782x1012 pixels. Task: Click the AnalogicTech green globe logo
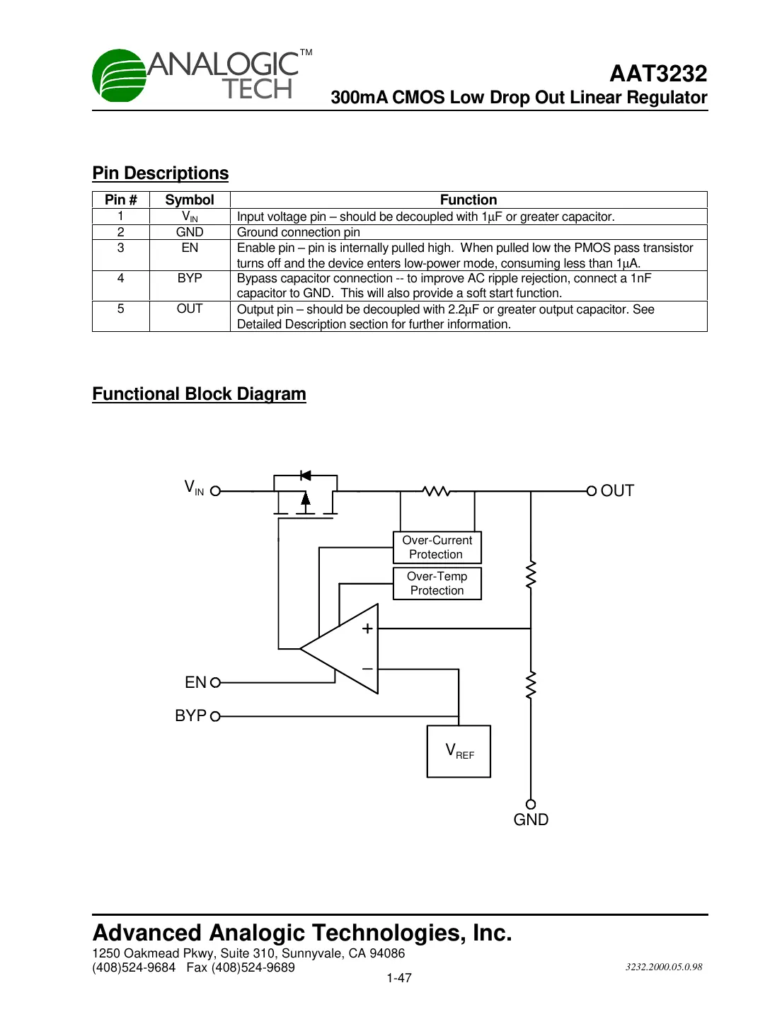pyautogui.click(x=119, y=76)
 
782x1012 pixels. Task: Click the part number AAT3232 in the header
pyautogui.click(x=657, y=74)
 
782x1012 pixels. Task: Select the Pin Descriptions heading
pyautogui.click(x=160, y=173)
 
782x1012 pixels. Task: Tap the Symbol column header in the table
pyautogui.click(x=189, y=200)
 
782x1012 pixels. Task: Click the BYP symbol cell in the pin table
pyautogui.click(x=189, y=278)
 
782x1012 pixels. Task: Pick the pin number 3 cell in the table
pyautogui.click(x=120, y=248)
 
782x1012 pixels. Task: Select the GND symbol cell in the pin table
pyautogui.click(x=189, y=232)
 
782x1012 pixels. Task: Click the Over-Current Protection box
pyautogui.click(x=437, y=547)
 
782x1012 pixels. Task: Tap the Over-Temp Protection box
pyautogui.click(x=437, y=583)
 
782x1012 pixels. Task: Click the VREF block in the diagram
pyautogui.click(x=459, y=751)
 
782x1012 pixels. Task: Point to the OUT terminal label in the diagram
pyautogui.click(x=617, y=490)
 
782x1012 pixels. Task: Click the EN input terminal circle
pyautogui.click(x=215, y=683)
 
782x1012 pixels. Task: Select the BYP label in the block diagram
pyautogui.click(x=190, y=715)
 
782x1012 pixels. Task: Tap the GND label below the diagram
pyautogui.click(x=531, y=820)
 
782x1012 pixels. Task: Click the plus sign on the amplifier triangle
pyautogui.click(x=367, y=628)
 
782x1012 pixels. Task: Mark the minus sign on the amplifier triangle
pyautogui.click(x=367, y=669)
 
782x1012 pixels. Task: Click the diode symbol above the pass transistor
pyautogui.click(x=306, y=476)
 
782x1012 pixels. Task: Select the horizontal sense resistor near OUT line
pyautogui.click(x=436, y=490)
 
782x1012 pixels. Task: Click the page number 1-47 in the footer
pyautogui.click(x=398, y=978)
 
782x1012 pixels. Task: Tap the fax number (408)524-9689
pyautogui.click(x=253, y=967)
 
